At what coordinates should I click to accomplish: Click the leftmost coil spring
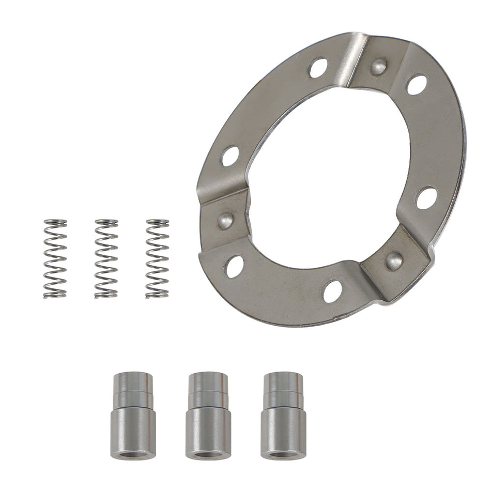pos(55,259)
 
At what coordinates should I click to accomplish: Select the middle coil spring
pos(106,259)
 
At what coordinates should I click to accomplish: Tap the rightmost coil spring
pos(157,259)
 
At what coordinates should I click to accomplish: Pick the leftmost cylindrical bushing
pos(133,416)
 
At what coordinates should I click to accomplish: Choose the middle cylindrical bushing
pos(208,416)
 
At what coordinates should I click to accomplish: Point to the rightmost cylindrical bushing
pos(283,416)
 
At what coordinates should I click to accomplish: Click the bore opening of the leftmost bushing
pos(133,455)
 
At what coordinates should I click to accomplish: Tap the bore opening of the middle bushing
pos(208,455)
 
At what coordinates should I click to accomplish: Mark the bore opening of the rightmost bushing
pos(283,455)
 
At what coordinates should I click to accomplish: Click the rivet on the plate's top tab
pos(379,65)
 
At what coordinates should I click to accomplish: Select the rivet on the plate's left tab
pos(225,221)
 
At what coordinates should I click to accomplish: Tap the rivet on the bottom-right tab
pos(395,260)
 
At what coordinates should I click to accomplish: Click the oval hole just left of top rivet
pos(318,68)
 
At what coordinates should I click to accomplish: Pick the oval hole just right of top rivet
pos(417,85)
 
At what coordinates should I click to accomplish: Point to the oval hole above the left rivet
pos(231,156)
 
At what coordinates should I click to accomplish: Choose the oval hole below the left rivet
pos(235,266)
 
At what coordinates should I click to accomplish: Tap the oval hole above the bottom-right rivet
pos(426,198)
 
